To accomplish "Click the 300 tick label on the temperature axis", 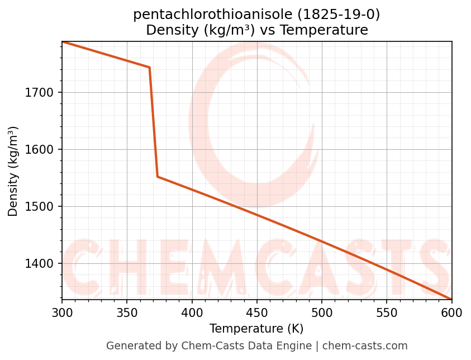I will coord(62,312).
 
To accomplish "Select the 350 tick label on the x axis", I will coord(127,312).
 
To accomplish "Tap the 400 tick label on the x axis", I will coord(192,312).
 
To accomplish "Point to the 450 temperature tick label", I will coord(257,312).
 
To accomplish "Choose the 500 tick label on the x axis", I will coord(322,312).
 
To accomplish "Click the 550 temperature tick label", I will coord(387,312).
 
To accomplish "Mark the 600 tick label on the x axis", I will coord(451,312).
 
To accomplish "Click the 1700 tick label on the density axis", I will coord(41,93).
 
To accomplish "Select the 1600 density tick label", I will coord(41,150).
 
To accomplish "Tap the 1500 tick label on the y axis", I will coord(41,207).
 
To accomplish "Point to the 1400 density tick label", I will coord(41,264).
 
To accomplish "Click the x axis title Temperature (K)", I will coord(256,329).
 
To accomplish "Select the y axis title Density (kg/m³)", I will coord(13,171).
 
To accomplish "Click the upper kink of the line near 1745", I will coord(149,68).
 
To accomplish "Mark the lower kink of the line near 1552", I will coord(158,177).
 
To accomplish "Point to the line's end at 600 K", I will coord(451,299).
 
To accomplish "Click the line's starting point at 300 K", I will coord(63,42).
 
